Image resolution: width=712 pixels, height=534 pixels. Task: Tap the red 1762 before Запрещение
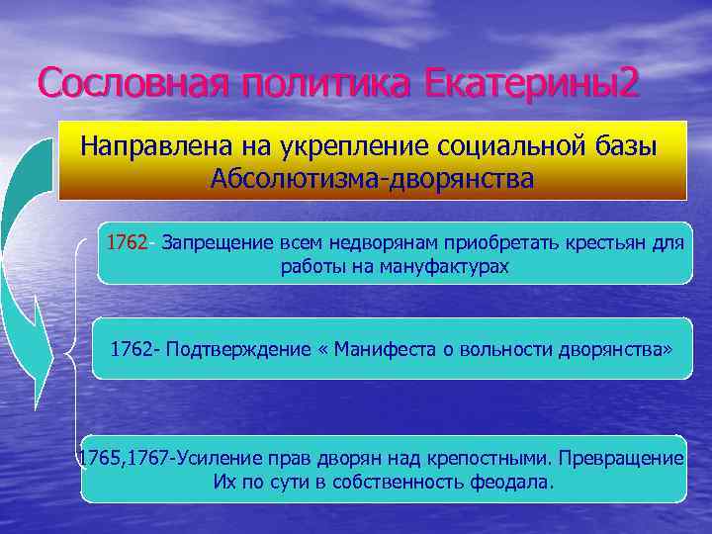pyautogui.click(x=130, y=243)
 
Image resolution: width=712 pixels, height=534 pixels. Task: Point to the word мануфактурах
pyautogui.click(x=442, y=267)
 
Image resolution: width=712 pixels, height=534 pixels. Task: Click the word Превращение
pyautogui.click(x=623, y=459)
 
